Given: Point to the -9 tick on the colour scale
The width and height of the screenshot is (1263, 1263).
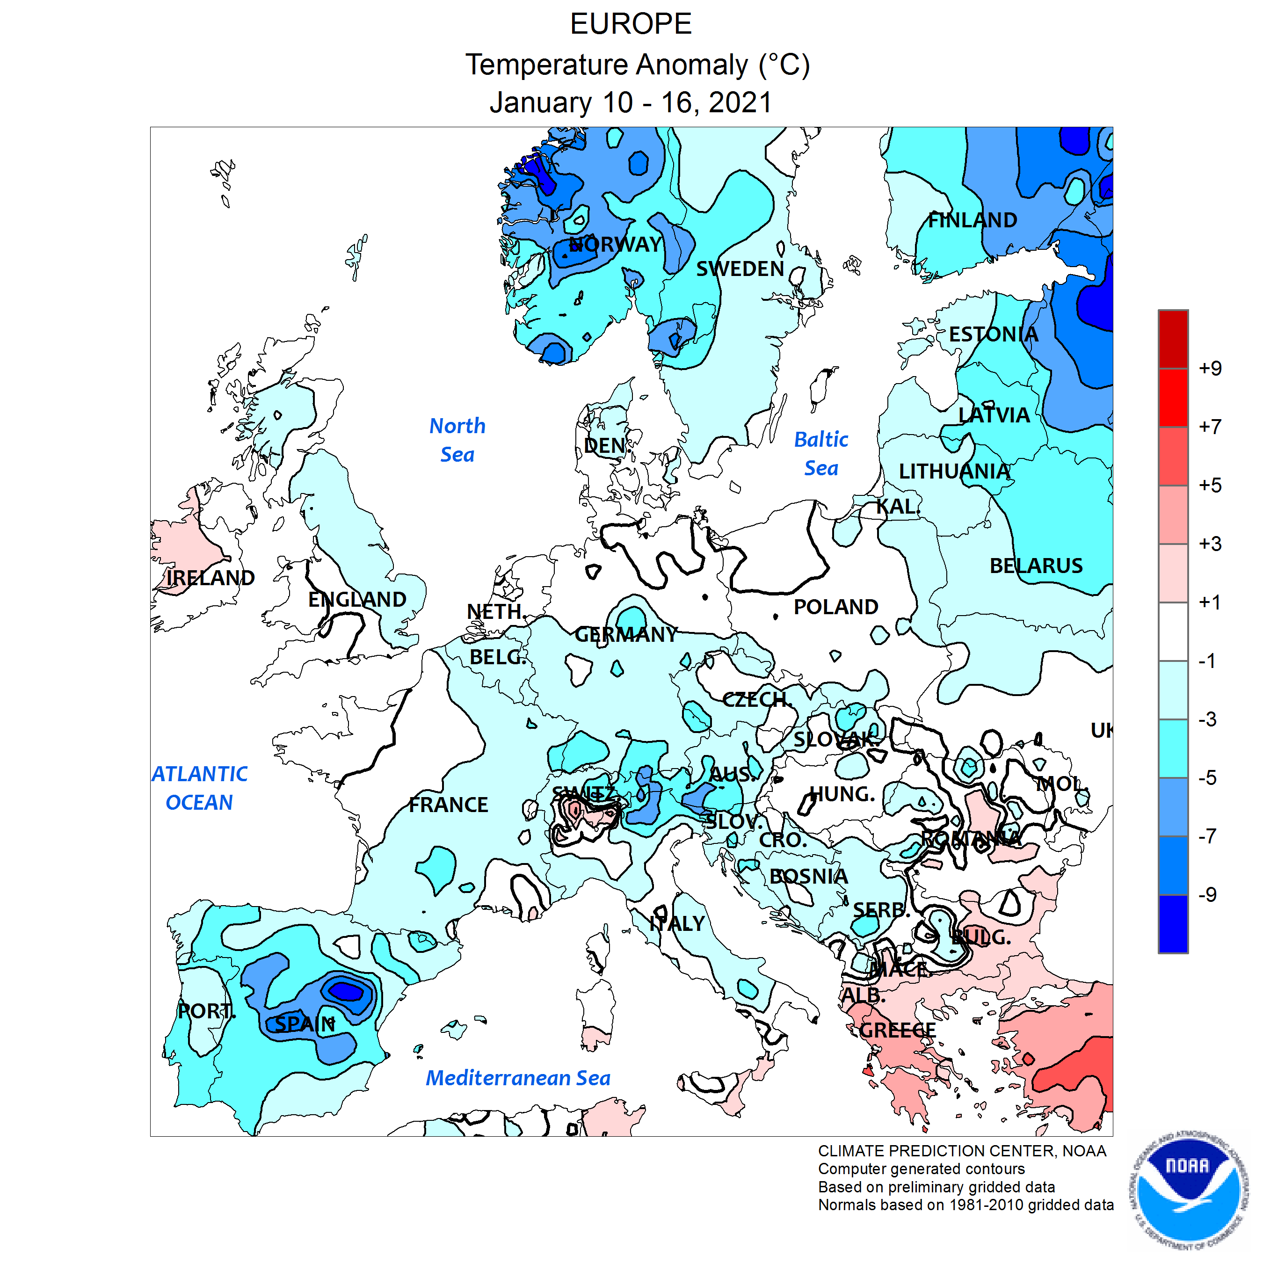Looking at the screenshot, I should click(x=1208, y=894).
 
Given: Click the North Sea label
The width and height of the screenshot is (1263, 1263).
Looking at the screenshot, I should click(x=457, y=440).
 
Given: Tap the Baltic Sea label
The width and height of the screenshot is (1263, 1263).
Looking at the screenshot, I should click(x=820, y=454).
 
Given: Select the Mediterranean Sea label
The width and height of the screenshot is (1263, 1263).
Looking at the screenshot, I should click(x=518, y=1078).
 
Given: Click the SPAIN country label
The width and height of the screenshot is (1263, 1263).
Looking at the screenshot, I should click(x=305, y=1024).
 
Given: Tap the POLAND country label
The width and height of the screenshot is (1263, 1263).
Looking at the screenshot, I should click(x=835, y=607).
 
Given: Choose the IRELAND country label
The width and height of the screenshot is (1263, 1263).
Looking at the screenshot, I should click(x=210, y=578).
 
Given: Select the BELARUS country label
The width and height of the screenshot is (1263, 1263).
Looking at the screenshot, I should click(x=1036, y=566).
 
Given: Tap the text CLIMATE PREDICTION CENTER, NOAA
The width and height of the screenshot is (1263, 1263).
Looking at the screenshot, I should click(x=962, y=1151).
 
